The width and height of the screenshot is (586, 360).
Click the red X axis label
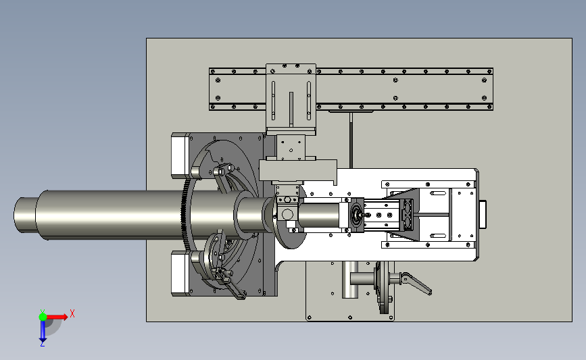tap(72, 313)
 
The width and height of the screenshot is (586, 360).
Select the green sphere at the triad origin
tap(43, 317)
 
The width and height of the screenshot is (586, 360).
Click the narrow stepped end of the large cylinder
tap(26, 215)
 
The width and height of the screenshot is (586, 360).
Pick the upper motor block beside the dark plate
tap(180, 155)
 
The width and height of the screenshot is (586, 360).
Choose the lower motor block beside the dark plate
tap(180, 274)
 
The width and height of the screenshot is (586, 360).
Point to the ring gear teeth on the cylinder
tap(185, 215)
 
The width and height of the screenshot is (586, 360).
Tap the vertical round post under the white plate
tap(350, 280)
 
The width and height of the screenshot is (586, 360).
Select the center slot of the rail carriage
tap(291, 108)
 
